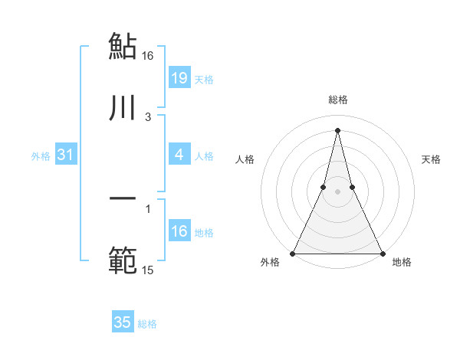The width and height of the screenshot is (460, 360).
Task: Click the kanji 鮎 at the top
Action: click(x=123, y=46)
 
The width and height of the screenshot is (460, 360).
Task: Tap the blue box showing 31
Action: click(x=66, y=155)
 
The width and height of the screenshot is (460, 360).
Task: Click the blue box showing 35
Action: click(x=123, y=322)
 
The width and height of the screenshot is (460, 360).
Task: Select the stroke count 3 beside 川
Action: click(x=148, y=117)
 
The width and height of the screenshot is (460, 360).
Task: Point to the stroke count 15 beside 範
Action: click(x=148, y=270)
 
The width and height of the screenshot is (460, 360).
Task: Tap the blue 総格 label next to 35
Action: click(x=148, y=324)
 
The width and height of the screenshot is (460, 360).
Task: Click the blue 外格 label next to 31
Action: click(x=41, y=156)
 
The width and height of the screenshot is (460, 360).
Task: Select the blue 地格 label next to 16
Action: click(x=204, y=233)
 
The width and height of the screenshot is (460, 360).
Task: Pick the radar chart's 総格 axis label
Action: click(x=337, y=100)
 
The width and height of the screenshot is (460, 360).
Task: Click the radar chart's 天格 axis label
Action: click(x=431, y=159)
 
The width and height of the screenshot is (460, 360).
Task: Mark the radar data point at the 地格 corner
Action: click(x=382, y=253)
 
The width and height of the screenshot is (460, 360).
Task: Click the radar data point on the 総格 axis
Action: click(x=337, y=129)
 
